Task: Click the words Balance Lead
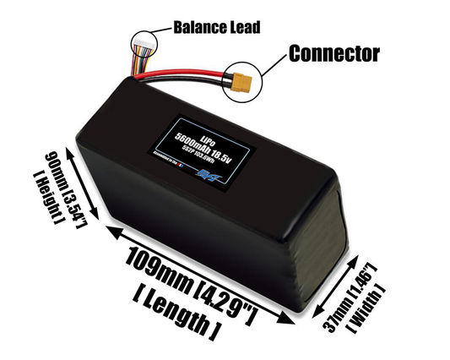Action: pyautogui.click(x=216, y=26)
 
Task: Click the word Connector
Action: pyautogui.click(x=334, y=53)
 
